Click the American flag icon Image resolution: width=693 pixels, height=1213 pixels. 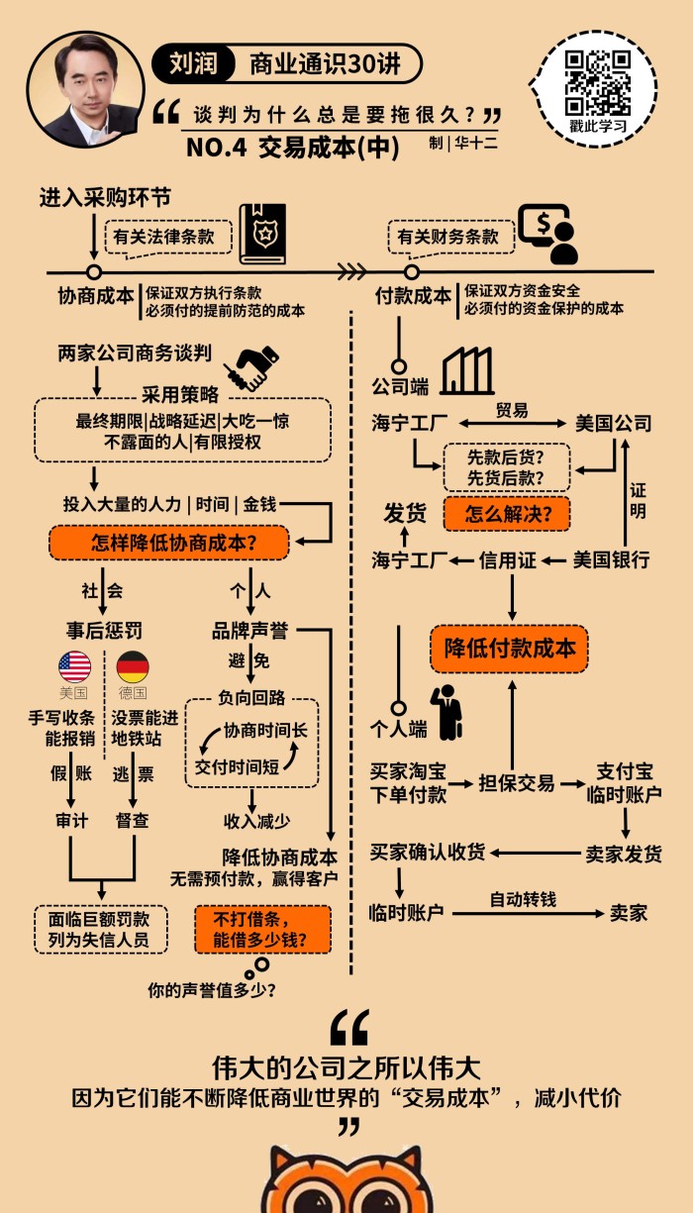(x=74, y=666)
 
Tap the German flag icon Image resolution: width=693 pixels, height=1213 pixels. (x=132, y=666)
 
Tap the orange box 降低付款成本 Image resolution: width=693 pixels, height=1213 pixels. (x=509, y=649)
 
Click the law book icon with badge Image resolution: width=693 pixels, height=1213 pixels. (x=263, y=234)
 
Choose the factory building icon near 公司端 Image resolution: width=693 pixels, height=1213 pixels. (x=467, y=371)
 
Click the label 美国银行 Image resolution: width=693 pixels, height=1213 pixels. (x=611, y=560)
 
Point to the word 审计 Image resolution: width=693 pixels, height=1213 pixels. (x=72, y=821)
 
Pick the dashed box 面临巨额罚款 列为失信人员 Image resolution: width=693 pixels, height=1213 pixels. (x=99, y=928)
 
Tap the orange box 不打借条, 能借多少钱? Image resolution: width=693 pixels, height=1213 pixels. (x=260, y=928)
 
